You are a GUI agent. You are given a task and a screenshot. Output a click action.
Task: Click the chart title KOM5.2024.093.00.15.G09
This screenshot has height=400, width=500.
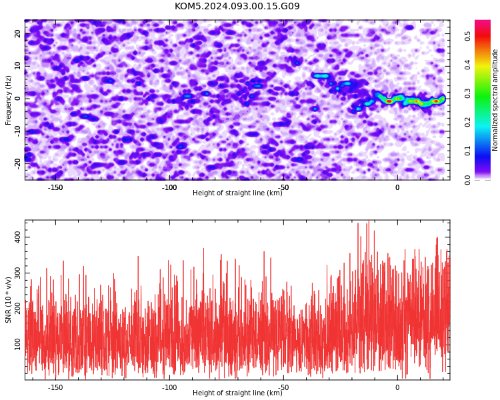tap(237, 6)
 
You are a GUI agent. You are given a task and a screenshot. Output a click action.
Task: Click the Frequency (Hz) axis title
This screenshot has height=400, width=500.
tap(8, 100)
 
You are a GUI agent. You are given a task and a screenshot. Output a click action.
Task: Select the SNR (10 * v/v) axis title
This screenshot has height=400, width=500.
tap(8, 300)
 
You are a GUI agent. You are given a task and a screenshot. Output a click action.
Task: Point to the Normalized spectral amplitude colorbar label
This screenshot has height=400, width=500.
tap(495, 100)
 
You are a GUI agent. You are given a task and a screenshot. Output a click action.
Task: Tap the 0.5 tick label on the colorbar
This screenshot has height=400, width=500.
tap(467, 37)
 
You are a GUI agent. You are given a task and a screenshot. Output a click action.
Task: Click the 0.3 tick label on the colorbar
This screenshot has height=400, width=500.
tap(467, 94)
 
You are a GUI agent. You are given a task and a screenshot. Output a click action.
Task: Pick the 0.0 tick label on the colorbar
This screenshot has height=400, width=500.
tap(467, 180)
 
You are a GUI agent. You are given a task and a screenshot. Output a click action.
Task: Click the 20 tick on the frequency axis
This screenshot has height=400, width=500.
tap(17, 33)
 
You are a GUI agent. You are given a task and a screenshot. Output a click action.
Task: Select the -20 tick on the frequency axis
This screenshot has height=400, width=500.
tap(17, 163)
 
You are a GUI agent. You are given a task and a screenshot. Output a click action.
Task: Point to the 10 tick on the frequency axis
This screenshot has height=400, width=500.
tap(17, 66)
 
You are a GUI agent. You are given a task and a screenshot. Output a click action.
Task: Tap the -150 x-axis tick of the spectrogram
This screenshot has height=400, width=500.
tap(55, 187)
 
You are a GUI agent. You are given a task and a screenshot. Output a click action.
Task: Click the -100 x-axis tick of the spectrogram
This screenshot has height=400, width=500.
tap(169, 187)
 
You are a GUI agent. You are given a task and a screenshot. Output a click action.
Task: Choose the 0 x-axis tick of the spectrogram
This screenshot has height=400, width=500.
tap(397, 187)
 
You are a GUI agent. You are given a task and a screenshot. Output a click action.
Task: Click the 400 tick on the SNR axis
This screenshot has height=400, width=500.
tap(17, 237)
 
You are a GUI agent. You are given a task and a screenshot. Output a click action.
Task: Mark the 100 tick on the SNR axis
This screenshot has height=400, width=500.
tap(17, 344)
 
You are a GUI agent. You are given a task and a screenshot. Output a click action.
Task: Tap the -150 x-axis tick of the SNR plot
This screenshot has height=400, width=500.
tap(55, 387)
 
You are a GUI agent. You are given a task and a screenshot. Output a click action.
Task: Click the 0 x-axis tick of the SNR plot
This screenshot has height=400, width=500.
tap(397, 387)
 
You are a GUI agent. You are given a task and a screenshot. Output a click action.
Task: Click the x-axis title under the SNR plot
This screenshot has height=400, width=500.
tap(237, 393)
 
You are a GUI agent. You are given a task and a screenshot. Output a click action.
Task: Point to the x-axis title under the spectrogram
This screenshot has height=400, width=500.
tap(237, 193)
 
